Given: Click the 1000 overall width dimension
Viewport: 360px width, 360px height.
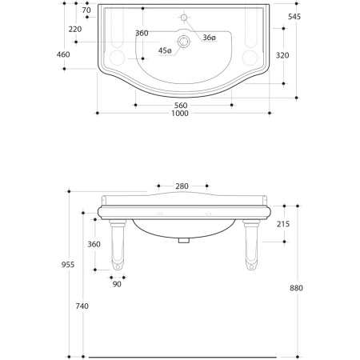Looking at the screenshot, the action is [x=180, y=114].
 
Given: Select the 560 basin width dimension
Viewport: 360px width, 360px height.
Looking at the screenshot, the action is [x=181, y=106].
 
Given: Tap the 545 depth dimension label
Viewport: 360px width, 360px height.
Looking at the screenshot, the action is [x=294, y=17].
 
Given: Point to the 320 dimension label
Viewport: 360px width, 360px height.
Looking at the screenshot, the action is [x=282, y=55].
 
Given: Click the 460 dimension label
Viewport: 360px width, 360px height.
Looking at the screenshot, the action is [x=63, y=54].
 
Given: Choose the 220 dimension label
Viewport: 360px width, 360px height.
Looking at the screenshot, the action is [x=75, y=30].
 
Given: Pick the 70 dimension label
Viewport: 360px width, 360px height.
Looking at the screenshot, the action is [x=86, y=10].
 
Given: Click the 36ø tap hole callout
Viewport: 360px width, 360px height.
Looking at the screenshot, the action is [x=209, y=38].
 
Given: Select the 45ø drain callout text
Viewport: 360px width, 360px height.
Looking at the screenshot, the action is [x=165, y=50].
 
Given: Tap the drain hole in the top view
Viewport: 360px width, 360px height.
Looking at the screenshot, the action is [x=184, y=42].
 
